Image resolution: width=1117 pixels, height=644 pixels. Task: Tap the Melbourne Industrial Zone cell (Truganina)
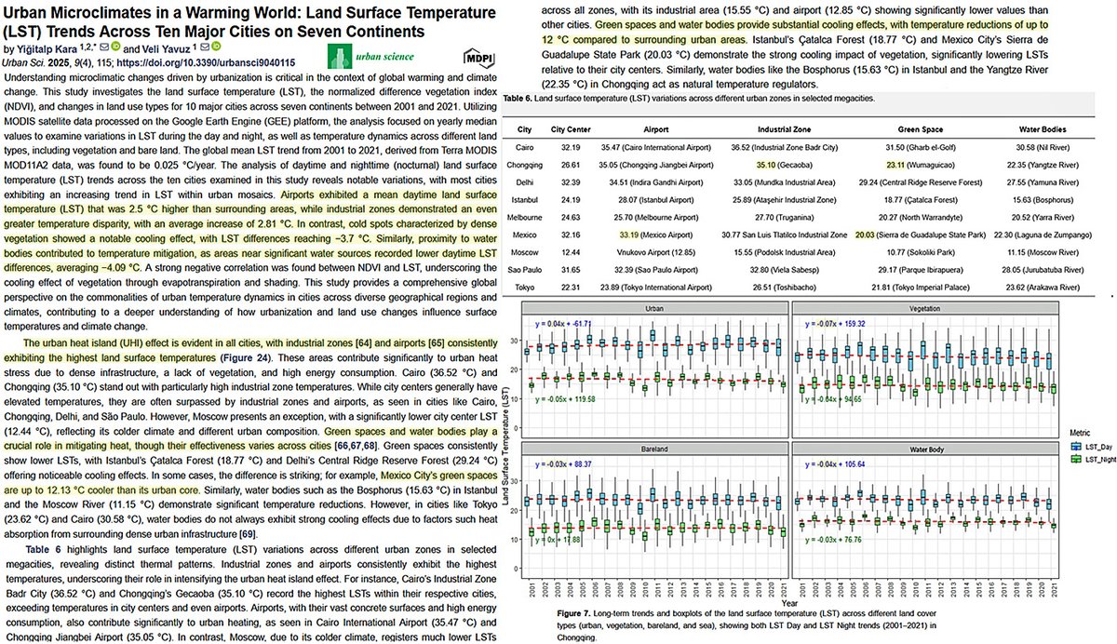(x=791, y=217)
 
